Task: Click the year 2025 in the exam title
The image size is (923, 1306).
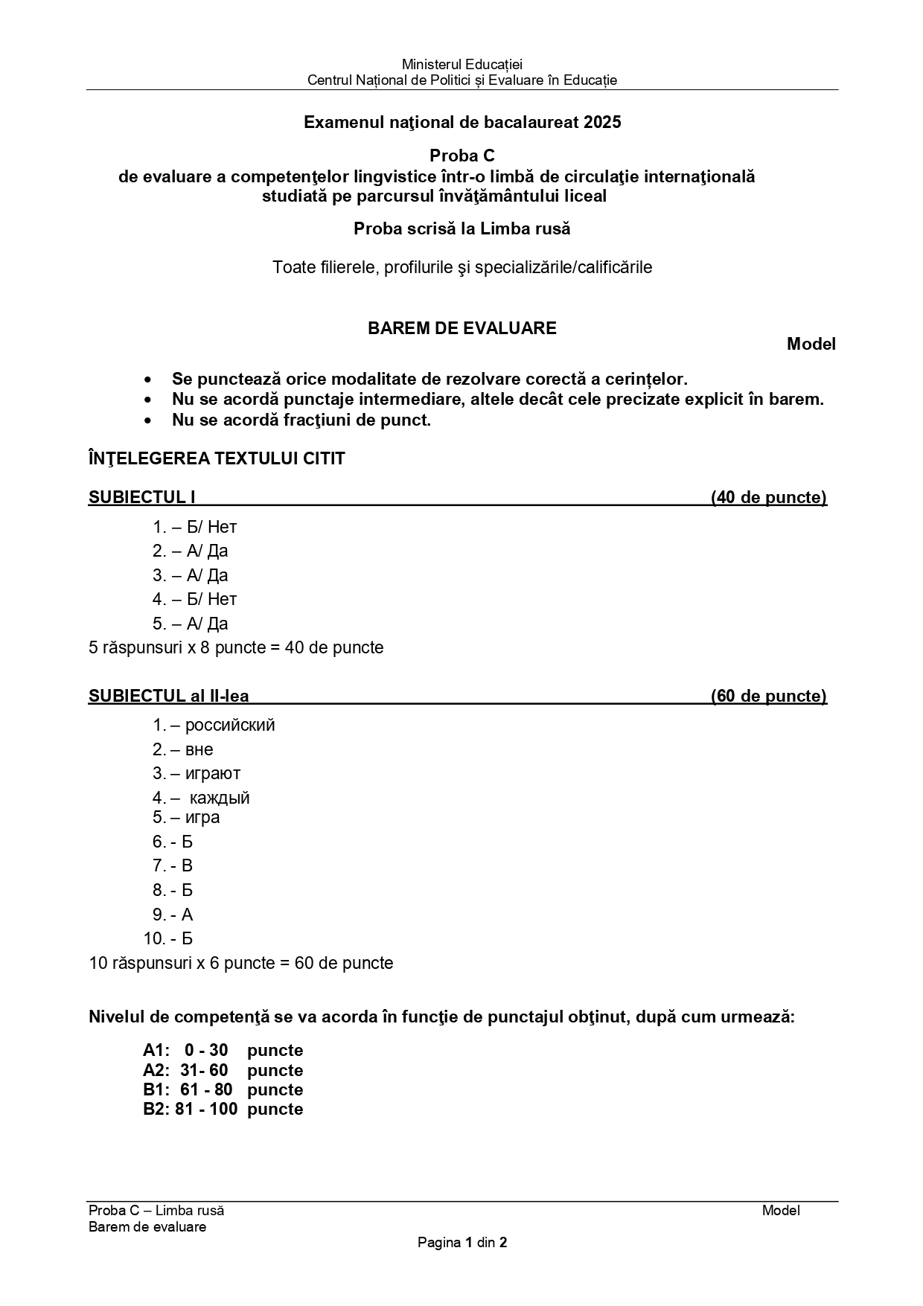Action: click(x=603, y=123)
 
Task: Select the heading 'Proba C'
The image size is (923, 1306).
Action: click(x=461, y=156)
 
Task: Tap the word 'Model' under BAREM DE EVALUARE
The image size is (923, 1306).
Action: click(x=811, y=345)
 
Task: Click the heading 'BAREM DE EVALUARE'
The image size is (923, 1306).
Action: click(x=461, y=329)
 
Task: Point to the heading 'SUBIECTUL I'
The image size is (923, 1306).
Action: click(x=141, y=498)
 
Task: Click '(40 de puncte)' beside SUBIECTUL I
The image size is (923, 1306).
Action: click(x=768, y=498)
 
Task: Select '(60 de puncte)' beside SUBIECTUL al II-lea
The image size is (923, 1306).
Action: click(x=768, y=697)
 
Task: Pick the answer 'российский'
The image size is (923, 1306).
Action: click(x=230, y=725)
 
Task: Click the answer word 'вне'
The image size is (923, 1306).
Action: click(x=199, y=749)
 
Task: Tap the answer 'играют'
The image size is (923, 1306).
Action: click(x=213, y=774)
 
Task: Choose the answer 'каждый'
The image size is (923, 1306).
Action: click(x=220, y=798)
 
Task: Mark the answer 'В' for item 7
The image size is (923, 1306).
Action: click(x=187, y=866)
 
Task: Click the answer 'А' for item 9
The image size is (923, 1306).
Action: click(x=187, y=915)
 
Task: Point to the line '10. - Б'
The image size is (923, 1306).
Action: click(x=168, y=939)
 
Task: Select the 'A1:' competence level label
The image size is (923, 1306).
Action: click(x=156, y=1051)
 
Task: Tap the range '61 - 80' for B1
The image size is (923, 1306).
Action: click(x=206, y=1090)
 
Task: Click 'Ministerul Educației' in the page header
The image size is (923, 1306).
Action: click(x=461, y=65)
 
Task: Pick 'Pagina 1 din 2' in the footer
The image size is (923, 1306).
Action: click(x=461, y=1242)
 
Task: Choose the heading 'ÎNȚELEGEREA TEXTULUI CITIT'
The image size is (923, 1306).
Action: click(x=217, y=459)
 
